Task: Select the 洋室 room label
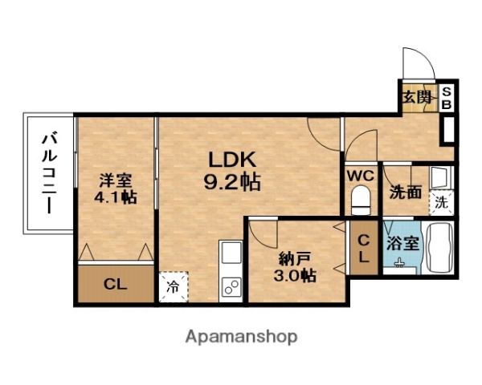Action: (116, 180)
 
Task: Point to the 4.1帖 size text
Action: (116, 197)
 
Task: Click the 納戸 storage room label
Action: (296, 257)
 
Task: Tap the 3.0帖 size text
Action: (296, 275)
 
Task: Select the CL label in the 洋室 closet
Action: (116, 283)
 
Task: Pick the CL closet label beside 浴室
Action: (363, 248)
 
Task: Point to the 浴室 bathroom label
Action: (402, 243)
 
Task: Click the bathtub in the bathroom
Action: (439, 249)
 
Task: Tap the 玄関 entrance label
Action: (415, 98)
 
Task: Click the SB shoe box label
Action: (447, 99)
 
